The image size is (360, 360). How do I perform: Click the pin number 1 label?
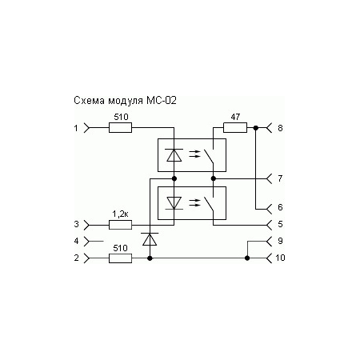(x=76, y=127)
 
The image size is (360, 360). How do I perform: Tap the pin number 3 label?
(x=76, y=224)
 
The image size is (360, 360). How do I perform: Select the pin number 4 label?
(x=76, y=240)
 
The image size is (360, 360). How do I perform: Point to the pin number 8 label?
(x=280, y=127)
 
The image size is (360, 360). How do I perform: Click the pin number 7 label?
(x=280, y=177)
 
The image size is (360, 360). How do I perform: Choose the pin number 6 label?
(x=280, y=207)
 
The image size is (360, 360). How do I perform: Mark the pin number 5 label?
(x=280, y=224)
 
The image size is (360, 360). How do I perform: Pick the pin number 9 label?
(x=280, y=240)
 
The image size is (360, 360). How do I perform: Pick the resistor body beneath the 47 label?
(x=234, y=127)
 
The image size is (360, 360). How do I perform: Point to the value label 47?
(x=234, y=118)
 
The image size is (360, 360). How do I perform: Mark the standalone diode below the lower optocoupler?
(x=150, y=238)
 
